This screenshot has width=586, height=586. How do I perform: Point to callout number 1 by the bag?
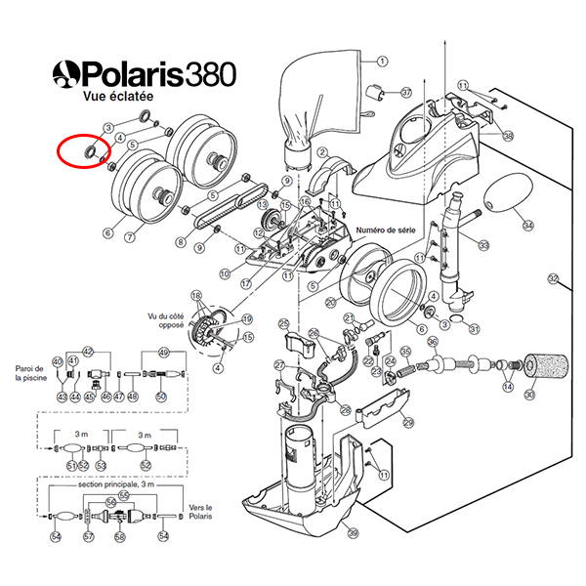pyautogui.click(x=370, y=61)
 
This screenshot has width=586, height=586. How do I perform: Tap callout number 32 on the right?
pyautogui.click(x=553, y=280)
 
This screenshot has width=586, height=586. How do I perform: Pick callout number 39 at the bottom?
pyautogui.click(x=353, y=532)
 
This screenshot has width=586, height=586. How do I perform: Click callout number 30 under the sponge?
pyautogui.click(x=529, y=395)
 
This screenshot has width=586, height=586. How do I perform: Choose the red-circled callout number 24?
pyautogui.click(x=390, y=360)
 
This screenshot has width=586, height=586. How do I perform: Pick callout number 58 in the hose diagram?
pyautogui.click(x=120, y=536)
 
